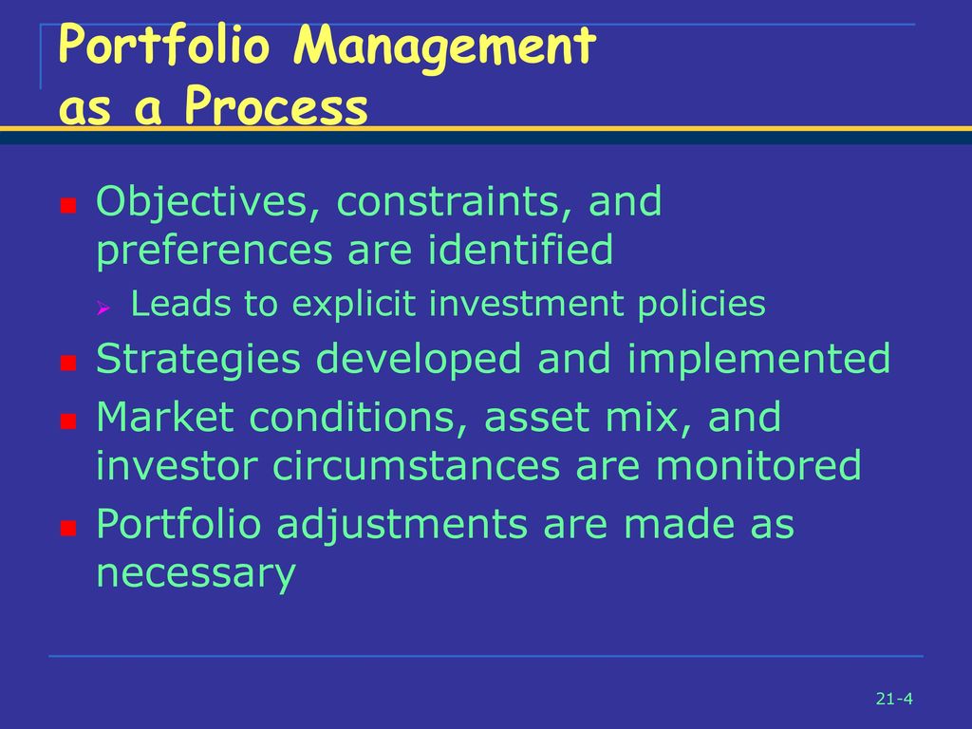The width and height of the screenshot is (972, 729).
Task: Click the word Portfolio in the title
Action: click(163, 45)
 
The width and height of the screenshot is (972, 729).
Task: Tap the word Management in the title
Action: click(444, 48)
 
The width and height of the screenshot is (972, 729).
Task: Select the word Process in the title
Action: click(276, 105)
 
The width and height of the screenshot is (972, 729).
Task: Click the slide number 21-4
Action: click(894, 699)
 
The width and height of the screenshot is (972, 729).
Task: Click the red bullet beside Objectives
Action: click(68, 205)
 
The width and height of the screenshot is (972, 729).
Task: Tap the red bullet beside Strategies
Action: click(68, 363)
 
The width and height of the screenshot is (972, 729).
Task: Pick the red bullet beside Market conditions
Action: click(68, 421)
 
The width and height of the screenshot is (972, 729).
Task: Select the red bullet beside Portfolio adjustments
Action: click(68, 528)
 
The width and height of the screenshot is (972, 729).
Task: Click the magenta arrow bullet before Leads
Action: click(103, 308)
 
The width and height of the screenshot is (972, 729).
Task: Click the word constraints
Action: click(454, 202)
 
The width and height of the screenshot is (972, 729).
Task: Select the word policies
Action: click(701, 305)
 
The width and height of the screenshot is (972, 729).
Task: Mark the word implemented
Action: click(758, 360)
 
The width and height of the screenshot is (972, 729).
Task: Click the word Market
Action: click(165, 417)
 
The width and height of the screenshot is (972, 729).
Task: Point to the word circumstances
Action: click(417, 465)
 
